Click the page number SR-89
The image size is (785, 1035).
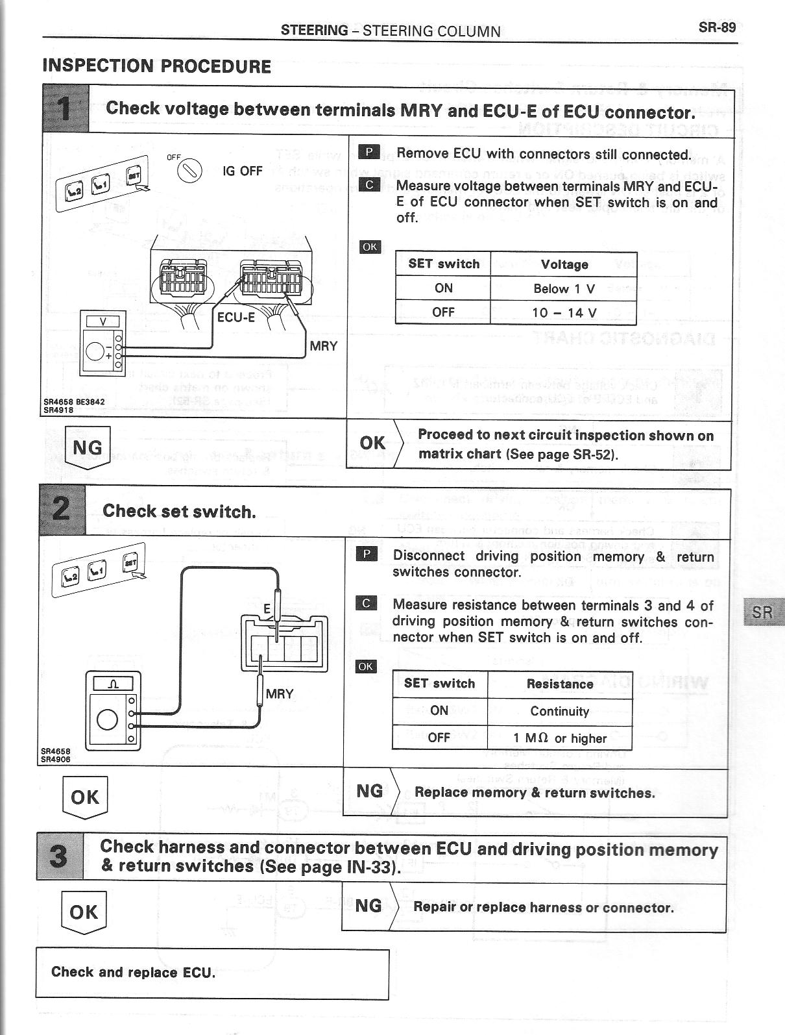tap(717, 27)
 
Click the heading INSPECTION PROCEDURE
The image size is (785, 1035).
tap(156, 66)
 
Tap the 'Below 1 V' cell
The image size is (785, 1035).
tap(564, 288)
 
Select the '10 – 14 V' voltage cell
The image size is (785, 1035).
tap(564, 312)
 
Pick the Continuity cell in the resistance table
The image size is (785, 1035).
tap(559, 711)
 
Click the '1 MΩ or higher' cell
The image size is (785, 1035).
tap(559, 738)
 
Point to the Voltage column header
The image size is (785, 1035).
tap(564, 264)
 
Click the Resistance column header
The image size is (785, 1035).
tap(559, 684)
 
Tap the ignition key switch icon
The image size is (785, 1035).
tap(191, 170)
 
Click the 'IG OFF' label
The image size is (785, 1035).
tap(242, 171)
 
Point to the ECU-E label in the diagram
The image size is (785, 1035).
tap(235, 318)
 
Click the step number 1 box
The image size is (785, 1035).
tap(65, 108)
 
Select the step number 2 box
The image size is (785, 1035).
tap(62, 511)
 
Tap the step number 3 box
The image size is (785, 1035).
tap(59, 856)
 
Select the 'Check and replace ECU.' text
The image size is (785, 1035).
tap(133, 972)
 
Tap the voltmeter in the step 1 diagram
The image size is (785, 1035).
tap(101, 342)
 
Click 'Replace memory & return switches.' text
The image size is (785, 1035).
tap(535, 793)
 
